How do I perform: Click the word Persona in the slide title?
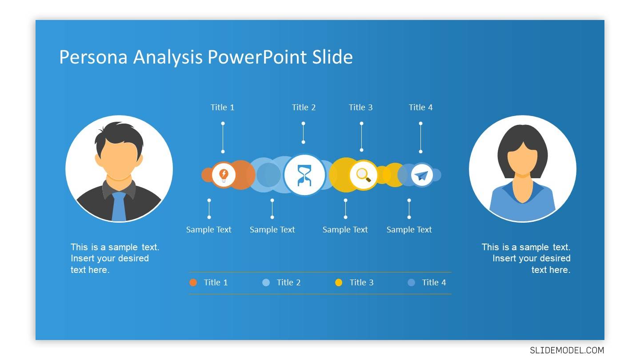click(93, 57)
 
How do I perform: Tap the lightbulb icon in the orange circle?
click(224, 175)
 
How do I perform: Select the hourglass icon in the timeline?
click(304, 175)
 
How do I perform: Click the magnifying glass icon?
click(364, 175)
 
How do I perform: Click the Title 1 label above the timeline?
click(222, 108)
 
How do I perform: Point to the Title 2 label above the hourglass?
click(304, 108)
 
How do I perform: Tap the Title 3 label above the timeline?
click(360, 108)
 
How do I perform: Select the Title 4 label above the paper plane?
click(420, 108)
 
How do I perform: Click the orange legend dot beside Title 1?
click(193, 283)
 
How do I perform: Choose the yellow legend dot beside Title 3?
click(339, 283)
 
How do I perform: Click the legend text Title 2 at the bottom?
click(288, 283)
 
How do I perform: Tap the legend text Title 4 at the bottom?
click(434, 283)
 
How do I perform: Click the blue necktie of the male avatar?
click(119, 206)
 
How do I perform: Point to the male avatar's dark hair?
click(119, 134)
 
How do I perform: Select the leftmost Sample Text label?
click(208, 230)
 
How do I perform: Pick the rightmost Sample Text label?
click(409, 230)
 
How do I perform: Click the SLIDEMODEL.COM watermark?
click(567, 350)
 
